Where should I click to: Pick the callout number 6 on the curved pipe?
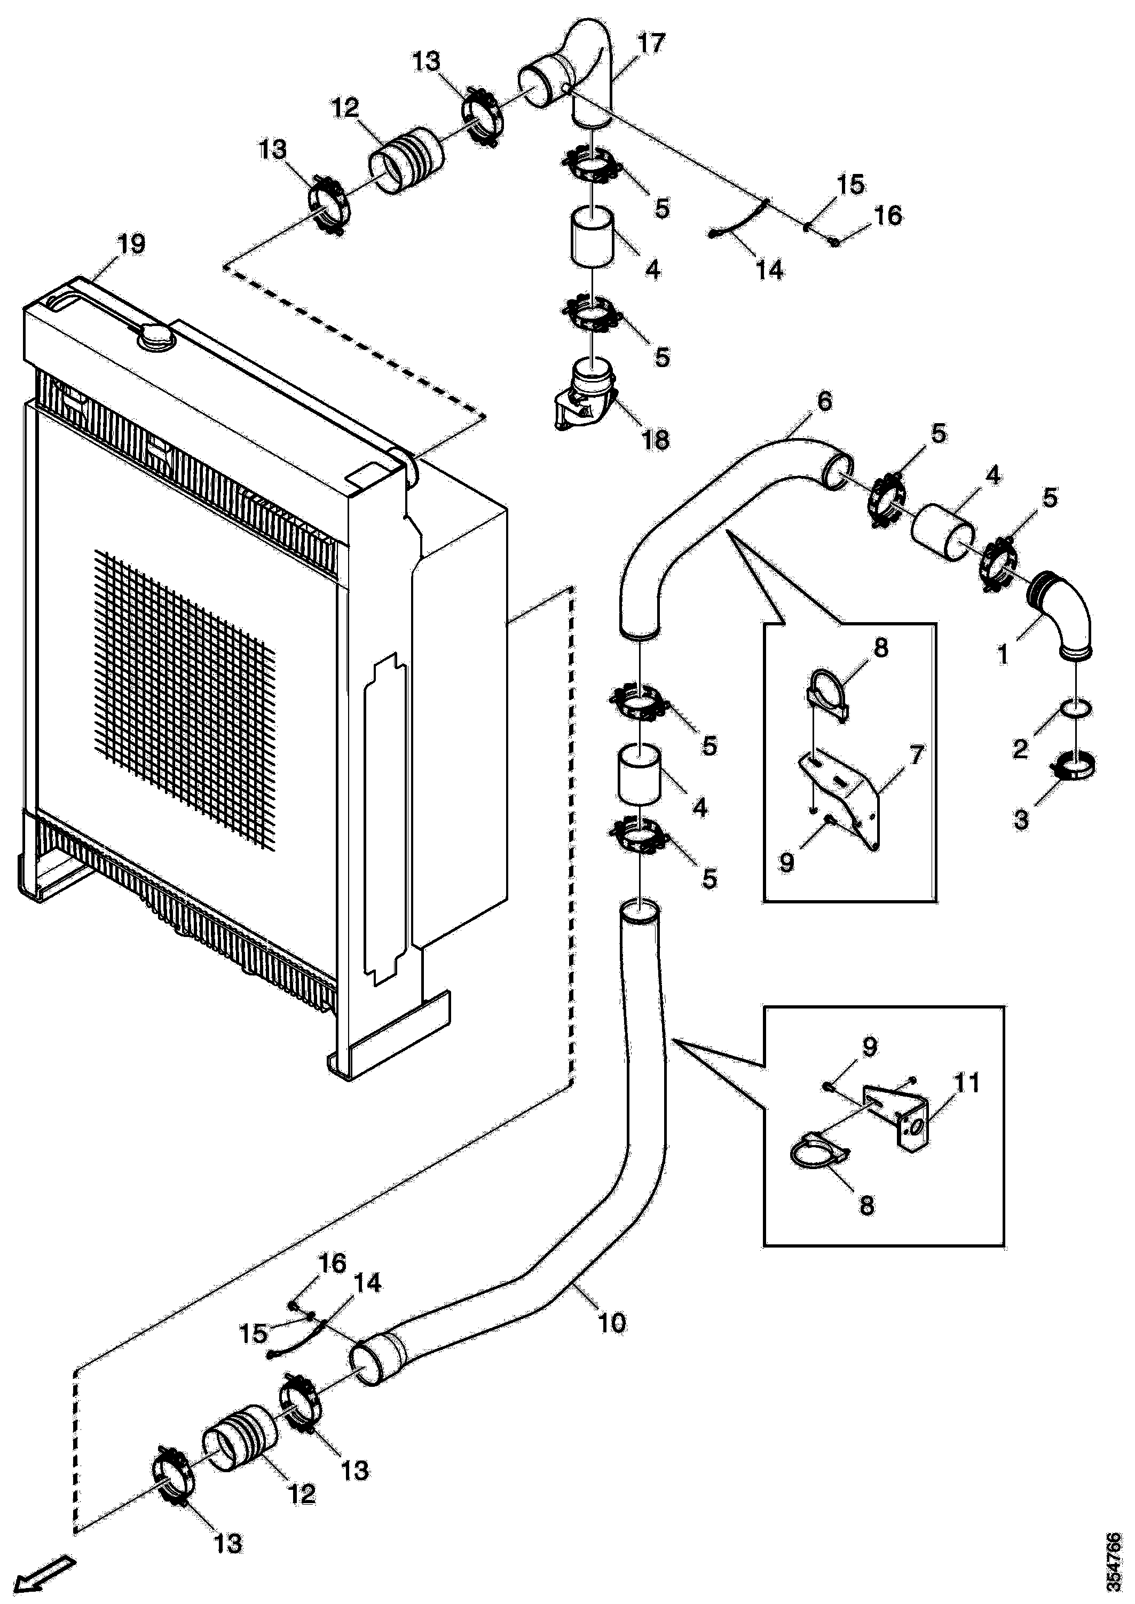[825, 401]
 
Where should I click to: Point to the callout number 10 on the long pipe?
[612, 1323]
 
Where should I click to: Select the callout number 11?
[967, 1083]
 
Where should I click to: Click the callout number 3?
[1021, 819]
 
